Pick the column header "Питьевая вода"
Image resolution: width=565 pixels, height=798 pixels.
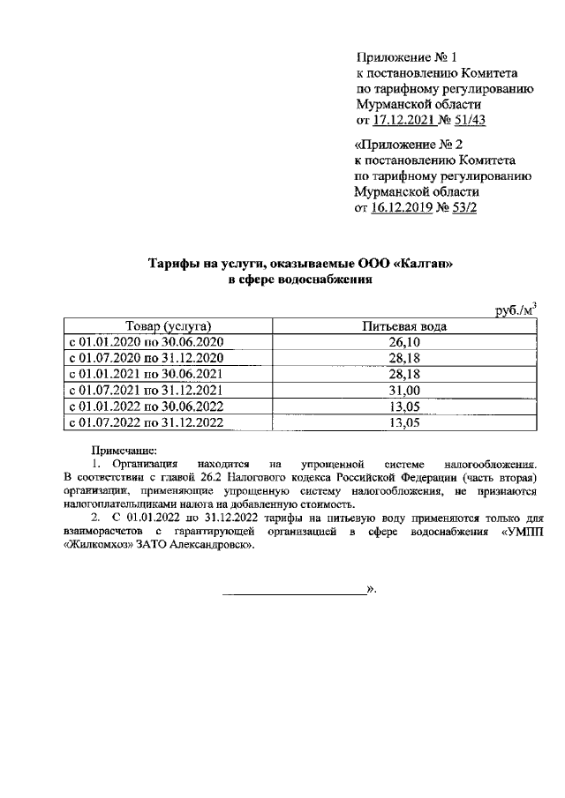(x=405, y=326)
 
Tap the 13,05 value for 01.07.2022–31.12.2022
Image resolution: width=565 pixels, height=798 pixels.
(x=405, y=422)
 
